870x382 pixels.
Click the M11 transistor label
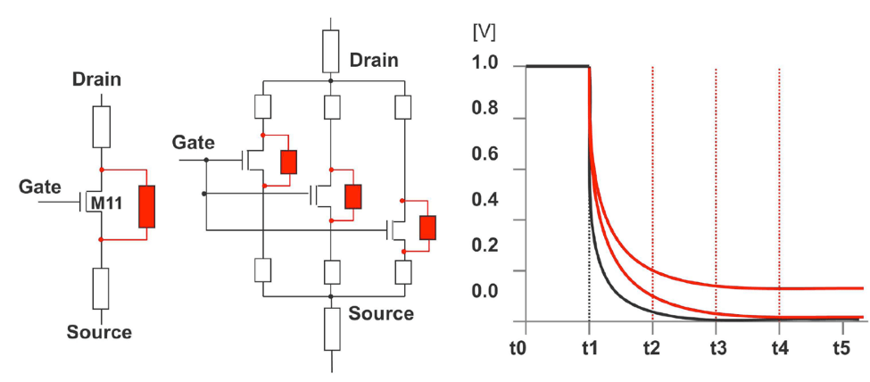pyautogui.click(x=109, y=205)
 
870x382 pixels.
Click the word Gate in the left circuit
pyautogui.click(x=40, y=187)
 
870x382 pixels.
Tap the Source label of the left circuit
pyautogui.click(x=99, y=333)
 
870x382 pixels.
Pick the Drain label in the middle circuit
pyautogui.click(x=374, y=61)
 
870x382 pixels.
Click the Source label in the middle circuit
pyautogui.click(x=381, y=313)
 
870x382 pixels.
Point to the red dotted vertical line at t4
pyautogui.click(x=779, y=179)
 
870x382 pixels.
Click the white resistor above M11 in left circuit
pyautogui.click(x=102, y=127)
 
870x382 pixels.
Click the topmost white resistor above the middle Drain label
pyautogui.click(x=331, y=48)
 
